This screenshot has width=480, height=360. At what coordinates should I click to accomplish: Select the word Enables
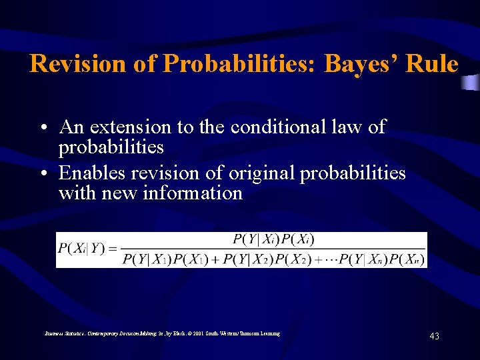pos(92,173)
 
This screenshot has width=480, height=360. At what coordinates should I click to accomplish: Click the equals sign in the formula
pos(112,249)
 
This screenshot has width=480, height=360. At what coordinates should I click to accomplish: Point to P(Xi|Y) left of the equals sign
pos(81,249)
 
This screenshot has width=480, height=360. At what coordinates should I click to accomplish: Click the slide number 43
pos(434,337)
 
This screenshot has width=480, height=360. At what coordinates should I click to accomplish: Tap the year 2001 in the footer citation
pos(195,333)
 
